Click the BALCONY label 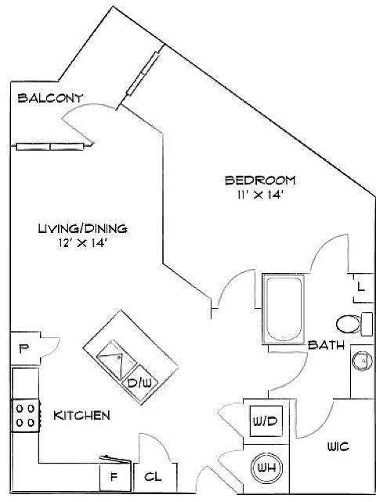coord(50,97)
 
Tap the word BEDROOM coord(260,180)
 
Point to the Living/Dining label coord(82,228)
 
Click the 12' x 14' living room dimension coord(82,243)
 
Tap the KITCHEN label coord(81,415)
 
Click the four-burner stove coord(26,416)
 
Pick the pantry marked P coord(26,348)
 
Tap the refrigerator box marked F coord(115,478)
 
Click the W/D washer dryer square coord(266,421)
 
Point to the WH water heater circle coord(266,468)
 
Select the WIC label coord(338,446)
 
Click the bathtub coord(284,308)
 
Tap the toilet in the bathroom coord(354,324)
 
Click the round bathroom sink coord(362,361)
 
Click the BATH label coord(326,345)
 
